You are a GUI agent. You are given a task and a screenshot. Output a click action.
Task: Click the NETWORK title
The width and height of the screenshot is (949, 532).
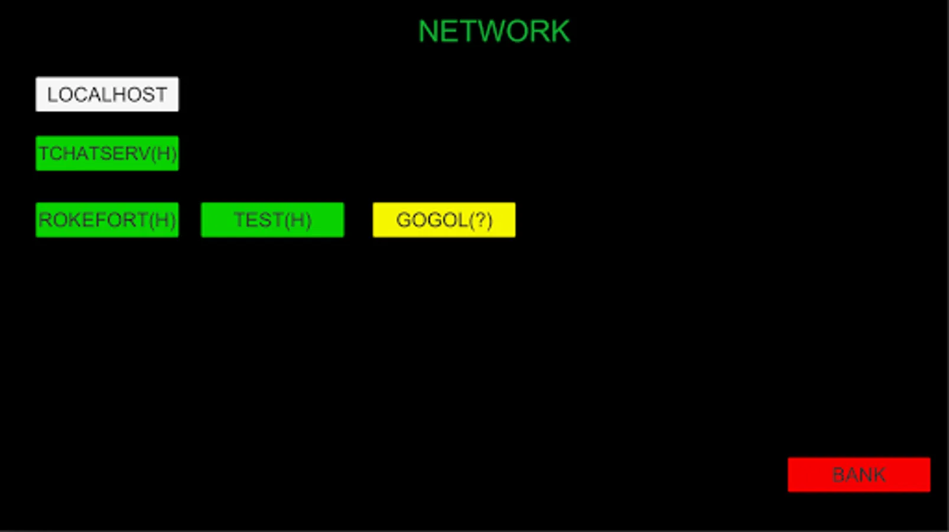(494, 31)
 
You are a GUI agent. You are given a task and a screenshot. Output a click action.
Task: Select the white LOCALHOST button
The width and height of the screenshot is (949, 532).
(107, 94)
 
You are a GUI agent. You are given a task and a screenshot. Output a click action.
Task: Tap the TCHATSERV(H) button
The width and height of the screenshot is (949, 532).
(107, 154)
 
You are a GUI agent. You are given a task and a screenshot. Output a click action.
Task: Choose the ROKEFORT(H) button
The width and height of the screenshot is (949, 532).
(107, 219)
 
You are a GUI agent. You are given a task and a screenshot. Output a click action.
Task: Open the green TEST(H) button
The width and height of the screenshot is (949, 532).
(272, 219)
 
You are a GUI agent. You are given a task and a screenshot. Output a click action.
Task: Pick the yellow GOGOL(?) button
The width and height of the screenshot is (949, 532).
(444, 219)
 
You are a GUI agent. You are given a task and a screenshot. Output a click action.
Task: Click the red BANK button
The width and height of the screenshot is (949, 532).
(859, 475)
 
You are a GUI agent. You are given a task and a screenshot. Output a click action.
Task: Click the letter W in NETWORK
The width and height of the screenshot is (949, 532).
(491, 31)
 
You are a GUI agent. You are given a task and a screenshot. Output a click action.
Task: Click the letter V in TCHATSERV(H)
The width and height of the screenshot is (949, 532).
(144, 154)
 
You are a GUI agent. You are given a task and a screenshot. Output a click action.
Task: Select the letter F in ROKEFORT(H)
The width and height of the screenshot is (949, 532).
(92, 219)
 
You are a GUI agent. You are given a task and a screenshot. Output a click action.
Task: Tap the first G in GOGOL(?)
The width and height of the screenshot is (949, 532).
(404, 219)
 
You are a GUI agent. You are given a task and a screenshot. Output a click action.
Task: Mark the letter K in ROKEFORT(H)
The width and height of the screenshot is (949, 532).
(70, 219)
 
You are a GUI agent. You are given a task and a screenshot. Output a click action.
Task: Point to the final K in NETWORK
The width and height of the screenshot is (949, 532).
(560, 31)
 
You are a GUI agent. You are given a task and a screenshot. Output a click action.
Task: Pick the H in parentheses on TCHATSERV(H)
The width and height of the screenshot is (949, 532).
(163, 154)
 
